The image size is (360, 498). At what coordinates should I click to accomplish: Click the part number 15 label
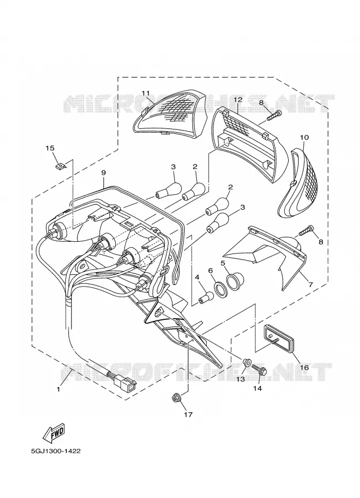[x=50, y=148]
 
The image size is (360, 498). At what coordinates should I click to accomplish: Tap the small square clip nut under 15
[x=60, y=165]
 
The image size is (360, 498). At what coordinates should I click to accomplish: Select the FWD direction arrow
[x=54, y=433]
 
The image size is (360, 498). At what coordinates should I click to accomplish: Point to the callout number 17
[x=188, y=414]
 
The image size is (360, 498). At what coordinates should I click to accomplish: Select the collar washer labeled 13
[x=246, y=362]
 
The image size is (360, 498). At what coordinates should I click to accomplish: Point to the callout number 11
[x=145, y=93]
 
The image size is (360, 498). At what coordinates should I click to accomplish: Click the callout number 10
[x=304, y=138]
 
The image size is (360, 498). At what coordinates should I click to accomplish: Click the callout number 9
[x=103, y=173]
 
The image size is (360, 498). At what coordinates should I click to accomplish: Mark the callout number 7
[x=310, y=284]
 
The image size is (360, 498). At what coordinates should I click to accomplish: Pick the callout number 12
[x=238, y=100]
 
